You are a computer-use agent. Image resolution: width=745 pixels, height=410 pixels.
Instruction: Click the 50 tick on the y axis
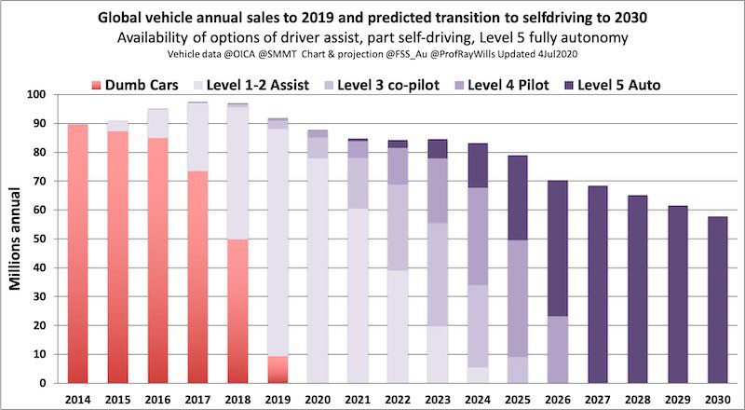(41, 239)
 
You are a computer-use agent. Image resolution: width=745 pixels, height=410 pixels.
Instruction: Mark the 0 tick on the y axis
(45, 383)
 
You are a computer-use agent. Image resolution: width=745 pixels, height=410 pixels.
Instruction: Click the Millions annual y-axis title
(17, 239)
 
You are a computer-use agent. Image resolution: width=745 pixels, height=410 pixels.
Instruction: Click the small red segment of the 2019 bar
(278, 370)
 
